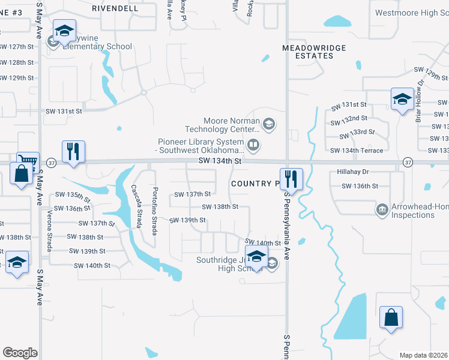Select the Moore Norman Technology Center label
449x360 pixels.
pyautogui.click(x=223, y=125)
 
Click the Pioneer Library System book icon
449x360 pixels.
pyautogui.click(x=253, y=145)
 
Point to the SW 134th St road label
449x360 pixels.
pyautogui.click(x=221, y=161)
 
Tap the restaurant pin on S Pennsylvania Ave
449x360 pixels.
pyautogui.click(x=291, y=178)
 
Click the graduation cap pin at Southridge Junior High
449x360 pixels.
pyautogui.click(x=256, y=256)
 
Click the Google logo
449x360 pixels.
pyautogui.click(x=20, y=353)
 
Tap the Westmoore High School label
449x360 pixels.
pyautogui.click(x=411, y=13)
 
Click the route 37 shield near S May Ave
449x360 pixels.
pyautogui.click(x=51, y=163)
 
